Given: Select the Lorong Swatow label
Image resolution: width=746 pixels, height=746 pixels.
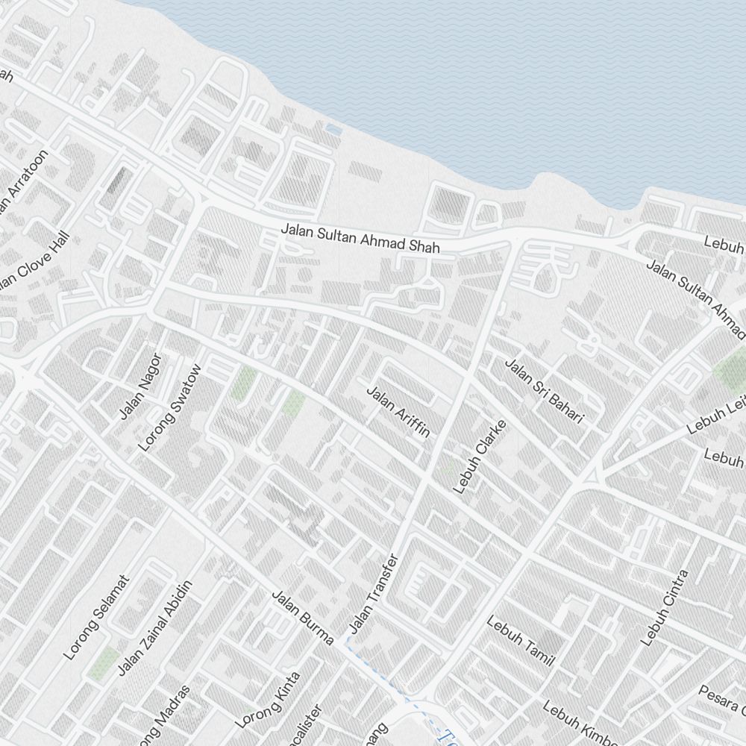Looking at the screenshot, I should (x=170, y=407).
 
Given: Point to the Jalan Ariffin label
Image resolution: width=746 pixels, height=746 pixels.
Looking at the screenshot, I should (x=398, y=410).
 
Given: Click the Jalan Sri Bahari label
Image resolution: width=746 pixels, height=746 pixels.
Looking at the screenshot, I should (x=544, y=391).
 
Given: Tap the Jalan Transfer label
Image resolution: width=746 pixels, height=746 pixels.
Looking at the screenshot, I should (x=374, y=593).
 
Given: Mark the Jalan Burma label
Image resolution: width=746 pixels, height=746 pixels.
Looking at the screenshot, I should (x=301, y=618).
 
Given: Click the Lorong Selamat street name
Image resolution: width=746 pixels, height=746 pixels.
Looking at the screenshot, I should (x=97, y=617).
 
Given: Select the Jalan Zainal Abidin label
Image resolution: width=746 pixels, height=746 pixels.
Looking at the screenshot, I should (x=155, y=627).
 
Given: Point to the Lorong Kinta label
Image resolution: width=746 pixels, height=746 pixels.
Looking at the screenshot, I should (x=268, y=700).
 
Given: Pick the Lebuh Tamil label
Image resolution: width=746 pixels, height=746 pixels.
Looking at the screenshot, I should (x=521, y=640).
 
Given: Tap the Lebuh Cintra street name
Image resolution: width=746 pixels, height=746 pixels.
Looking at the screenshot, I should (x=664, y=607).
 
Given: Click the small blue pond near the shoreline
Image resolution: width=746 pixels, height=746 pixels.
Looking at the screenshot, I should (x=333, y=130).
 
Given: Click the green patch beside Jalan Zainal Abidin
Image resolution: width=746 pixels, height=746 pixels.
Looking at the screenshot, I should (x=104, y=663).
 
